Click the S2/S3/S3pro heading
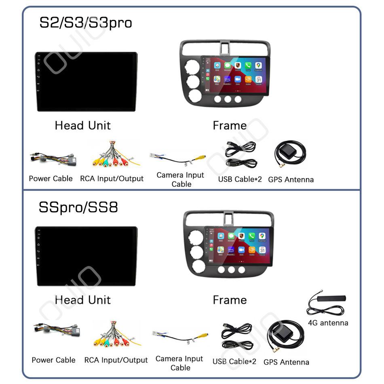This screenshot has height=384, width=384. tap(85, 23)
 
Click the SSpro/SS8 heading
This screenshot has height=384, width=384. tap(78, 207)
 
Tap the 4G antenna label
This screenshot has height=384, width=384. tap(328, 323)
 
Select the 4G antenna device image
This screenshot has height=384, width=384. tap(327, 303)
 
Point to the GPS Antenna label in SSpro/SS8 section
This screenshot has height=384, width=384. tap(286, 362)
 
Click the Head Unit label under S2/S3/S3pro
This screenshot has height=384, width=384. tap(82, 125)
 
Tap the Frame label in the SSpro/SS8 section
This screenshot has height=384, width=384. tap(230, 300)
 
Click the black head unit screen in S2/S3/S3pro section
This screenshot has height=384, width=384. tap(86, 81)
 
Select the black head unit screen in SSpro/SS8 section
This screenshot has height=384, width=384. tap(86, 256)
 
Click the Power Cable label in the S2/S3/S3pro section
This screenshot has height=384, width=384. tap(51, 178)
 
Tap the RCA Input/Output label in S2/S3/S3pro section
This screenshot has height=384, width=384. tap(112, 178)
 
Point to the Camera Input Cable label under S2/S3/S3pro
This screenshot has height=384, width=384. tap(180, 179)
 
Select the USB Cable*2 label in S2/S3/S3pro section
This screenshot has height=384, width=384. tap(240, 179)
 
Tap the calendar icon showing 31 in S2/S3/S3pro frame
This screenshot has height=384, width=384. tap(259, 79)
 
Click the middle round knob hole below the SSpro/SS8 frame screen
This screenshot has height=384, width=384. tap(232, 270)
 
